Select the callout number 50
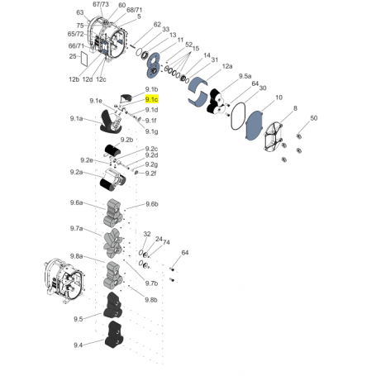(x=313, y=119)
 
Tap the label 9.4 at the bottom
(x=78, y=345)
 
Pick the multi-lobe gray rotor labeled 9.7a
(x=112, y=241)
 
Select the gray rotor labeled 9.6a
(x=113, y=212)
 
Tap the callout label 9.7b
(x=152, y=283)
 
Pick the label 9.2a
(x=77, y=172)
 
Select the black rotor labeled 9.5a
(x=218, y=100)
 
